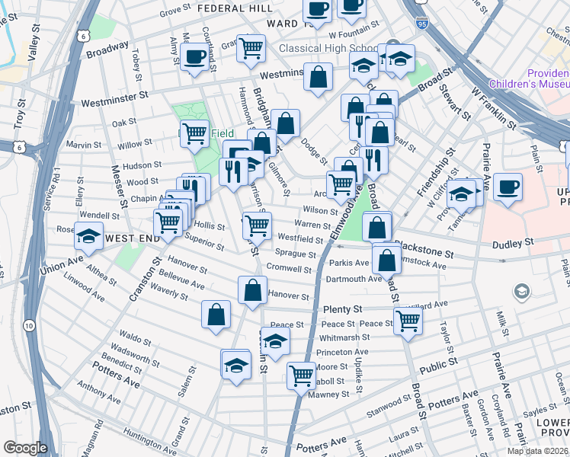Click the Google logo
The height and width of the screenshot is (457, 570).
click(x=25, y=448)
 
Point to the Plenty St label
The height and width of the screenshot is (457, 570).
click(x=341, y=309)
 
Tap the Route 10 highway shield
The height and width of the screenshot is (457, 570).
click(x=28, y=325)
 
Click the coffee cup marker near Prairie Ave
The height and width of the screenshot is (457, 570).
click(x=508, y=186)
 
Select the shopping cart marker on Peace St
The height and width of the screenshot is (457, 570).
click(x=408, y=321)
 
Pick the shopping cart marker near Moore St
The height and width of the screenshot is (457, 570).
click(x=302, y=374)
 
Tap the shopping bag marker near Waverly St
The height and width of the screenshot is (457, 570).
click(x=216, y=315)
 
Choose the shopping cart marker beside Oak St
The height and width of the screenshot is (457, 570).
click(x=194, y=134)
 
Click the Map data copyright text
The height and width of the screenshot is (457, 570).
click(x=538, y=451)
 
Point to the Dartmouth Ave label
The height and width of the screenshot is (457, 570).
click(x=354, y=279)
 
